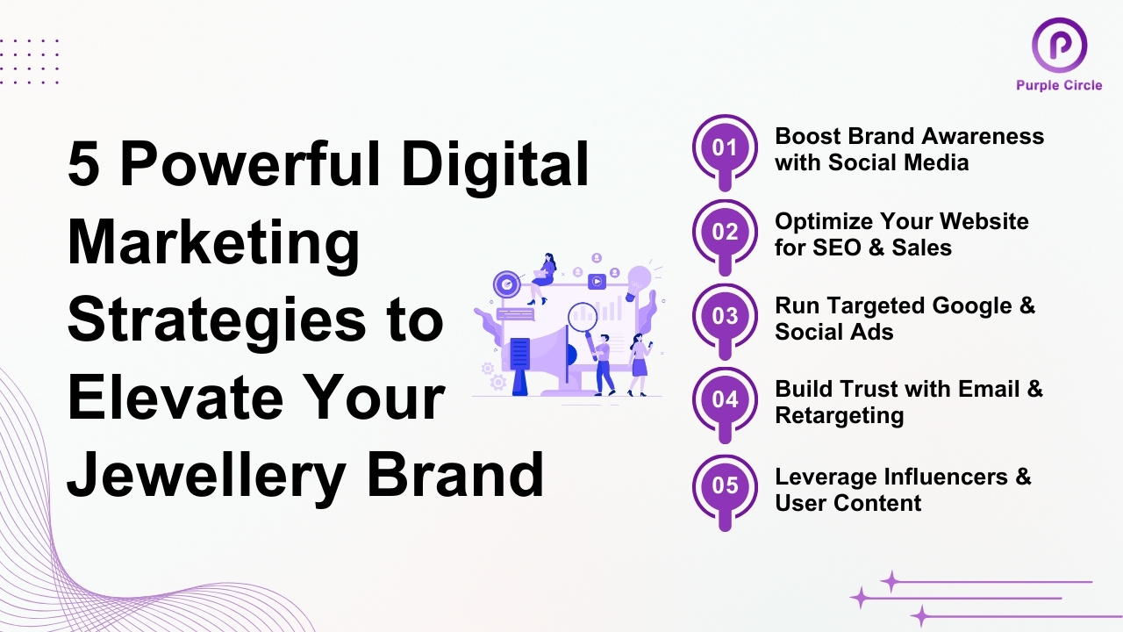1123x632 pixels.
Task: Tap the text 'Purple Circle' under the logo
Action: [x=1059, y=85]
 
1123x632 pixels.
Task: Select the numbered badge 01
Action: [x=725, y=147]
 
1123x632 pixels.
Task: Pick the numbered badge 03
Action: [x=725, y=316]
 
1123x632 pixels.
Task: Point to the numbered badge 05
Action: [x=725, y=485]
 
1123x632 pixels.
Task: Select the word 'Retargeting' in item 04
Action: [x=839, y=415]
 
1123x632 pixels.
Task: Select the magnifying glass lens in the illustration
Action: [x=582, y=316]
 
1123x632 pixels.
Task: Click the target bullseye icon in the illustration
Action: [x=506, y=284]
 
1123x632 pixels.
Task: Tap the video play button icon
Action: [x=597, y=282]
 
